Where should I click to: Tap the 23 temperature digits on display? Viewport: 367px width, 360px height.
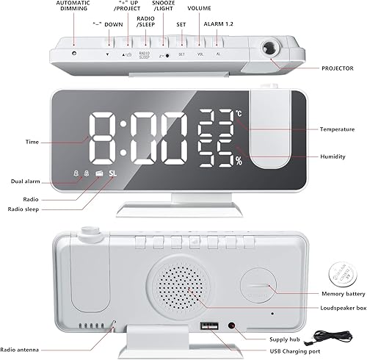pos(216,118)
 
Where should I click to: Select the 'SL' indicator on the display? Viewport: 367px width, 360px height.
pos(112,174)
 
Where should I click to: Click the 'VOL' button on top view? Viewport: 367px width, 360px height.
pos(200,54)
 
